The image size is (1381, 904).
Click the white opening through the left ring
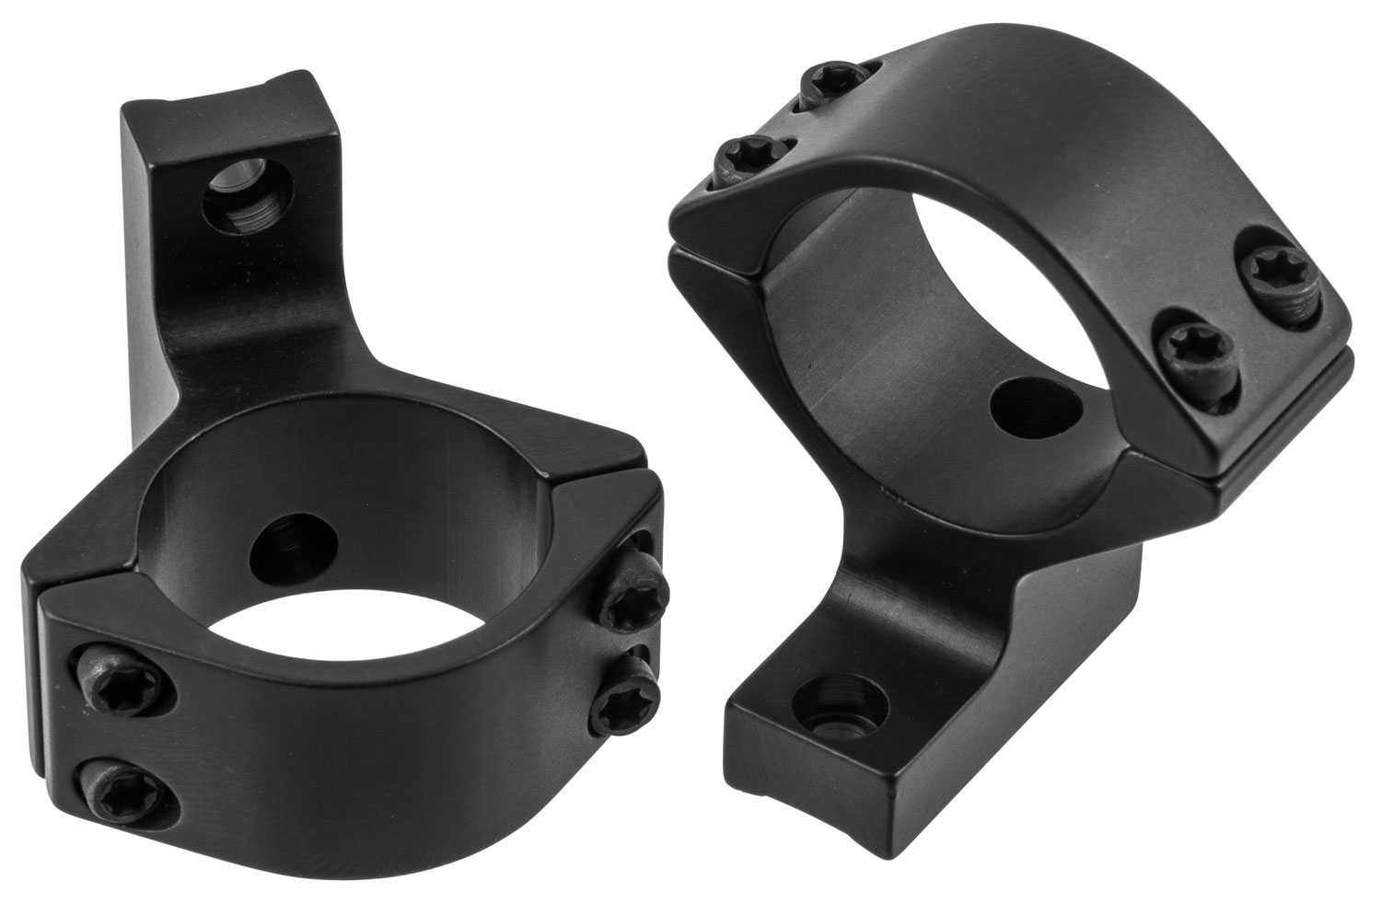pyautogui.click(x=304, y=644)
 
